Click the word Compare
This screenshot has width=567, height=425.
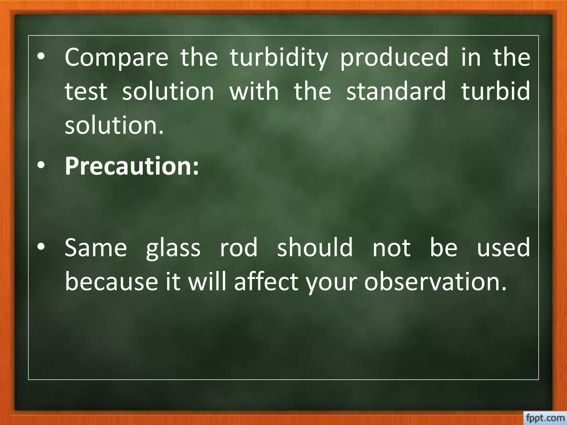pyautogui.click(x=116, y=58)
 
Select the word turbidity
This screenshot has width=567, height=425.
pyautogui.click(x=279, y=58)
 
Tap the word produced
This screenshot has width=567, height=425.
pyautogui.click(x=394, y=58)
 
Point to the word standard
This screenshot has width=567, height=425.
pyautogui.click(x=396, y=91)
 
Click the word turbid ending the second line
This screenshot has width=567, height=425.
pyautogui.click(x=496, y=91)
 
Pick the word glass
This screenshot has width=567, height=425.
pyautogui.click(x=173, y=248)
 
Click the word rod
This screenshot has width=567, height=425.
pyautogui.click(x=239, y=248)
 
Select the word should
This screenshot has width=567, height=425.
pyautogui.click(x=315, y=248)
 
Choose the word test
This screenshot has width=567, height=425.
pyautogui.click(x=86, y=91)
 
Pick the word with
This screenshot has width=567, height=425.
pyautogui.click(x=254, y=91)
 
